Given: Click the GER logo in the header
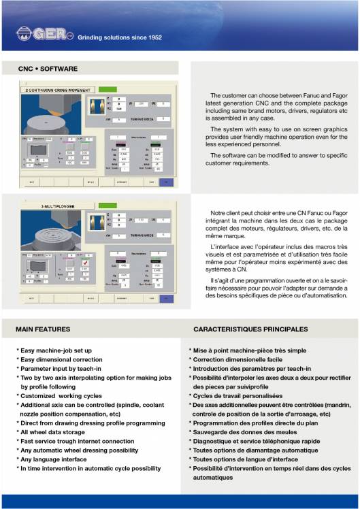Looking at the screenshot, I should pos(43,34).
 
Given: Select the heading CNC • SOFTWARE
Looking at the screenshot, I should pos(49,69).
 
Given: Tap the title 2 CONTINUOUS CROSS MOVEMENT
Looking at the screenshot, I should pos(57,90).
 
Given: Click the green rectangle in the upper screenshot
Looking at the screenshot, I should pos(107,89).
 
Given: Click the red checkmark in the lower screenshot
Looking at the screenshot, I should pos(85,263).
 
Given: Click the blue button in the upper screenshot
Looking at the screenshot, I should pos(167,182).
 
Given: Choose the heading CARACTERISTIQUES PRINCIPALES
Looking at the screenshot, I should pos(250,329).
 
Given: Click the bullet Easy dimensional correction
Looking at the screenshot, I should pos(59,359).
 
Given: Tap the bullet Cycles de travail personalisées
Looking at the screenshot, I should pos(238,395).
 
